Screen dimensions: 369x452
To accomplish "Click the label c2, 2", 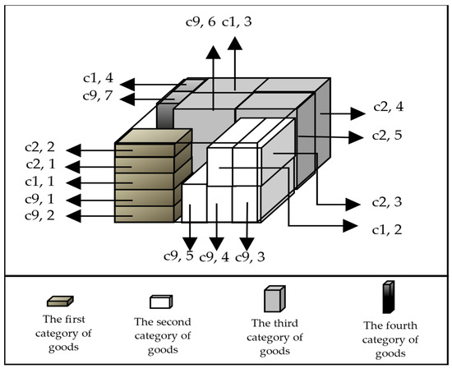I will (x=41, y=149).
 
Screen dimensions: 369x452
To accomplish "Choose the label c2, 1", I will (x=41, y=165).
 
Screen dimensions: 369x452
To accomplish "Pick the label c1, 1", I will (x=41, y=182).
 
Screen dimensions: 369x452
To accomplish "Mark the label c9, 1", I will (x=41, y=199).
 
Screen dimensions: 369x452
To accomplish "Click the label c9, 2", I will (x=41, y=216).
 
